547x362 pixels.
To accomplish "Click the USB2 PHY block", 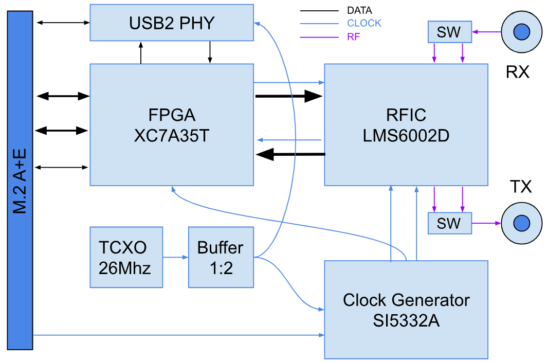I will [x=172, y=23].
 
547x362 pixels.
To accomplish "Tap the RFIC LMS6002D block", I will [x=406, y=124].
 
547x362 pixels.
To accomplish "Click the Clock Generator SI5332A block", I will [x=406, y=310].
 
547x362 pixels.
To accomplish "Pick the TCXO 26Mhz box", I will [x=126, y=257].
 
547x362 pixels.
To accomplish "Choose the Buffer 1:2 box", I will [x=221, y=257].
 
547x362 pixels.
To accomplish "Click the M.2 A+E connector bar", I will [x=20, y=180].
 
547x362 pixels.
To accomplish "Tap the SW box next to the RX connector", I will [x=449, y=32].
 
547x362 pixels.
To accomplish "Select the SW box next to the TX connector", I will [x=449, y=223].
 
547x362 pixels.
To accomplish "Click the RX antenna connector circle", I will [x=521, y=32].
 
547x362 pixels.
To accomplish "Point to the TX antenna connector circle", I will [x=521, y=223].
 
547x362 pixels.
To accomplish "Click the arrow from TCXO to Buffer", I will [x=175, y=257].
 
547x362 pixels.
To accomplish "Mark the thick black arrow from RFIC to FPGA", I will [x=290, y=154].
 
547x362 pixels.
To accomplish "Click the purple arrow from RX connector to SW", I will [x=486, y=32].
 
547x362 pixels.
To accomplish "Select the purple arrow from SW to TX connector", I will [x=486, y=223].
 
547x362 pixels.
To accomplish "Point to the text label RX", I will [x=517, y=72].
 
